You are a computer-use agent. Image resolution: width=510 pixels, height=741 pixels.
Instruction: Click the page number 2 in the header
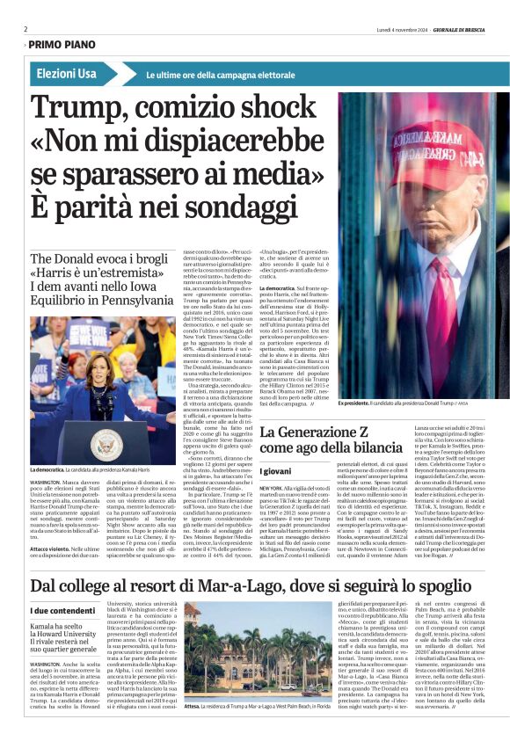point(25,29)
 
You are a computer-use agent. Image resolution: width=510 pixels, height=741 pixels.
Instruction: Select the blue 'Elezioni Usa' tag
point(67,74)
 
